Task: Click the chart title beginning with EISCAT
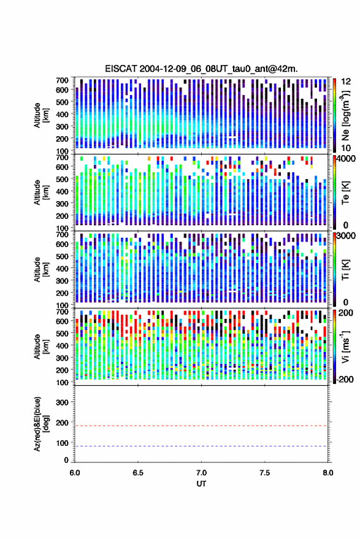click(201, 69)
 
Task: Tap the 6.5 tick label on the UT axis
click(138, 473)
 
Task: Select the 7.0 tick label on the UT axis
click(201, 473)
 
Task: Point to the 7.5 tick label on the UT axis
click(264, 473)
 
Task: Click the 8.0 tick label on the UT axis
click(327, 473)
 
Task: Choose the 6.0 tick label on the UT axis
click(75, 473)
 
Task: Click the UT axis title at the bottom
click(201, 484)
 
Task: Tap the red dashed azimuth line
click(201, 426)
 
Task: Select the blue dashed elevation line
click(201, 446)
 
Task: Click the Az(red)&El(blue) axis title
click(41, 424)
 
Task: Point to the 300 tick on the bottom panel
click(62, 402)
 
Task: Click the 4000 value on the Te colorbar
click(347, 159)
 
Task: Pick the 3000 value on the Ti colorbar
click(347, 236)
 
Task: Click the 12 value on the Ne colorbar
click(347, 82)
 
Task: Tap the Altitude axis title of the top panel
click(41, 115)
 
